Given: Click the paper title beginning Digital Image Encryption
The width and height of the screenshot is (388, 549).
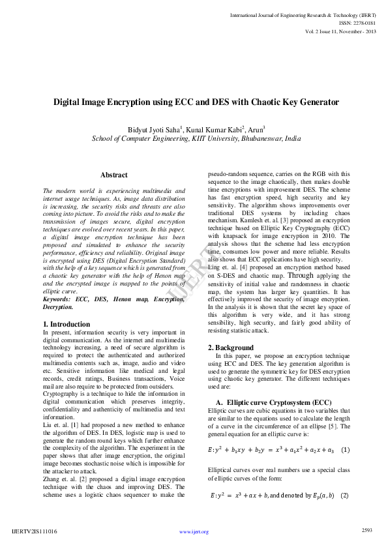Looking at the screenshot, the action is pos(196,103).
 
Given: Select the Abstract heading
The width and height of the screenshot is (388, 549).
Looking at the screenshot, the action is pos(113,175).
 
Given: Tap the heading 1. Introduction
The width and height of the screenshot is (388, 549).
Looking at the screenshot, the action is pos(67,324).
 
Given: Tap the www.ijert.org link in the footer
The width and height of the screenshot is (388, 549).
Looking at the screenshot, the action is pos(194,532).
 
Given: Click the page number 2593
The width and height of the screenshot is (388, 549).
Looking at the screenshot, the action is pos(366,530).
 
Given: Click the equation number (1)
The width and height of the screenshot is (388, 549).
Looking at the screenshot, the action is pos(346,450).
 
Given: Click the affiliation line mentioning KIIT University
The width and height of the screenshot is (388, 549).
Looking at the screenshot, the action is pos(196,139).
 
